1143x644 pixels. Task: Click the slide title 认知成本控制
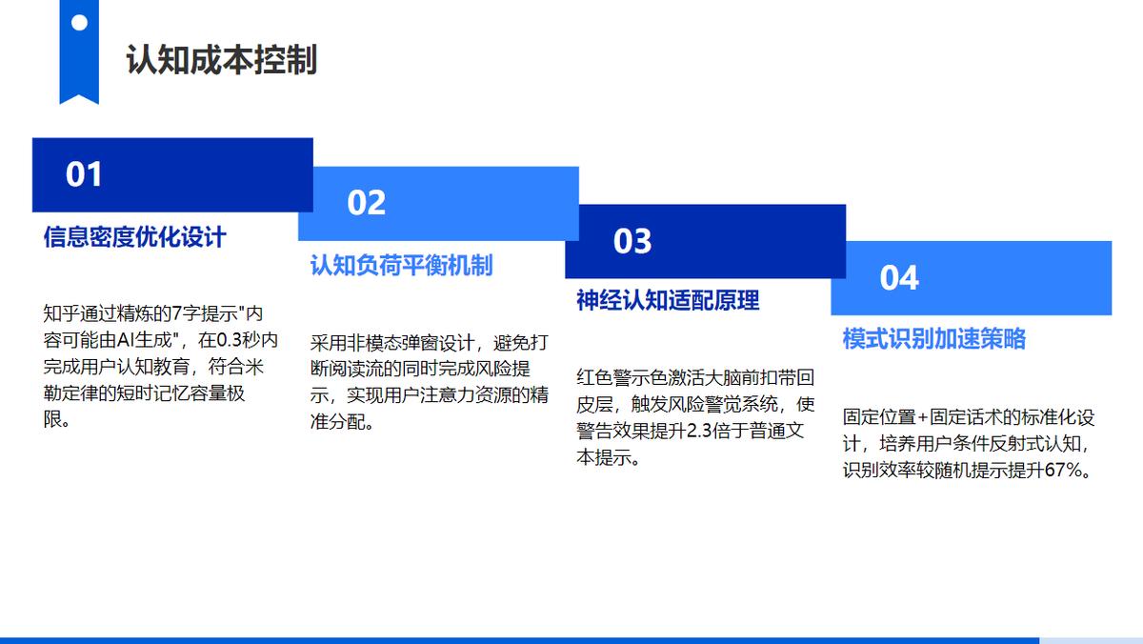point(221,60)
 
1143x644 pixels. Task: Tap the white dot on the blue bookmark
point(79,23)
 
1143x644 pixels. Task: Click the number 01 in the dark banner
point(84,174)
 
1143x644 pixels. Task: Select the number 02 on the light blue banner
point(366,203)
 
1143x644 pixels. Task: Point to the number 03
point(632,241)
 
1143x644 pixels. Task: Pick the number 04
point(899,278)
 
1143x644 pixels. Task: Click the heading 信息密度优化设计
point(134,237)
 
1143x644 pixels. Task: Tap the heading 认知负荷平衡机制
point(402,266)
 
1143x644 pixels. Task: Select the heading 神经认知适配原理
point(668,300)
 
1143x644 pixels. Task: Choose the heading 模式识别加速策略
point(934,338)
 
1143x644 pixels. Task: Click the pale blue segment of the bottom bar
point(1091,641)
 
